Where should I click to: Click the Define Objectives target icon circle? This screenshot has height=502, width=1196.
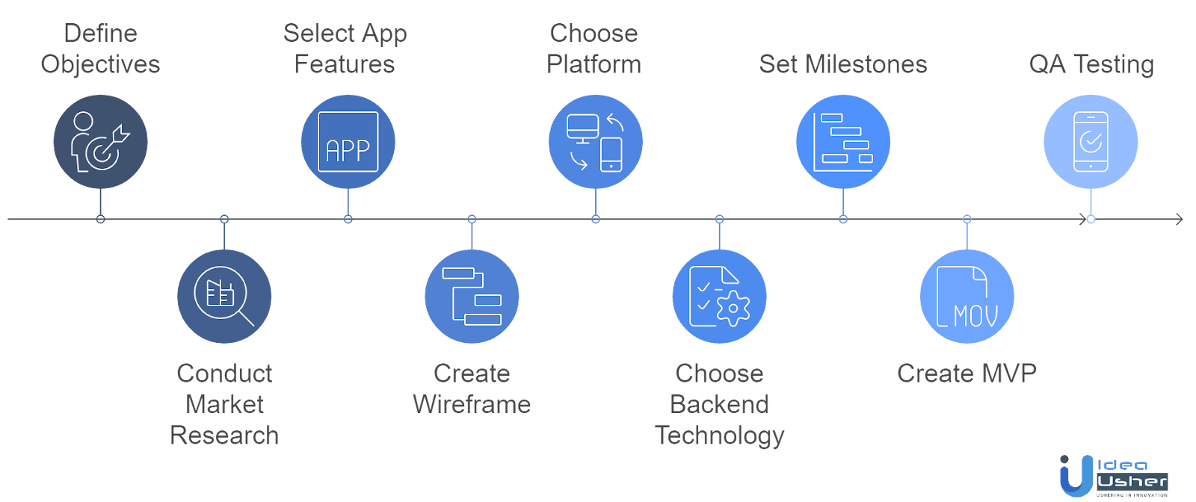(x=100, y=142)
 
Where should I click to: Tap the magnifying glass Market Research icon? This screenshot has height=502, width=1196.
(x=224, y=297)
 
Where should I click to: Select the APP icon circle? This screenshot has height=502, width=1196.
(x=348, y=142)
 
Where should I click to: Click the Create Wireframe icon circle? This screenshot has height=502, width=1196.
(x=472, y=297)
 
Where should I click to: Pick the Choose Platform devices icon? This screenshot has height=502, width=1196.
(x=595, y=142)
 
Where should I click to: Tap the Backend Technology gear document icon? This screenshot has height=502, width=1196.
(x=719, y=297)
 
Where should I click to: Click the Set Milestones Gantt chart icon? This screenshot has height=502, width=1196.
(x=842, y=142)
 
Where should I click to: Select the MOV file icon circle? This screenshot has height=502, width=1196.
(x=967, y=297)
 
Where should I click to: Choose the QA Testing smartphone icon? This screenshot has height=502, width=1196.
(x=1091, y=142)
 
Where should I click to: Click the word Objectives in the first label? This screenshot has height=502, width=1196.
(x=100, y=65)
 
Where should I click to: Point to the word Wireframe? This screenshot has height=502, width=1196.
(x=472, y=405)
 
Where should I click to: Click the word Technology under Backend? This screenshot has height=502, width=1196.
(x=719, y=436)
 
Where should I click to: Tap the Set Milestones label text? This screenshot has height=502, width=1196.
(x=842, y=65)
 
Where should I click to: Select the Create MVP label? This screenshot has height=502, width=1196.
(x=967, y=373)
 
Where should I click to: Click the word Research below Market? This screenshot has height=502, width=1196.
(x=224, y=436)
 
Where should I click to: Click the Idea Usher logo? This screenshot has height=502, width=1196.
(x=1113, y=476)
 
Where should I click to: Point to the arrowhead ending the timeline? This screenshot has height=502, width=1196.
(x=1180, y=219)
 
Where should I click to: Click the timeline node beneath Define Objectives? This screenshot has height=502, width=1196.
(x=100, y=220)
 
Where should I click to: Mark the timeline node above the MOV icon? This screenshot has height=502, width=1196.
(x=967, y=220)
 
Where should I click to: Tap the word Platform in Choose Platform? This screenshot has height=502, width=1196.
(x=594, y=65)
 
